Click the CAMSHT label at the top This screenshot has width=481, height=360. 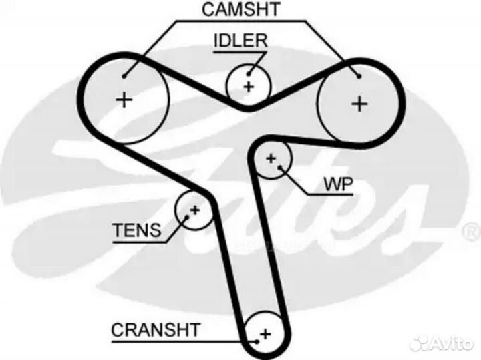coord(241,9)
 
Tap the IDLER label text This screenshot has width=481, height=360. coord(240,40)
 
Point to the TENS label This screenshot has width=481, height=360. coord(136,231)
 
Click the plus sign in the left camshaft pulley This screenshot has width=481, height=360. coord(124,100)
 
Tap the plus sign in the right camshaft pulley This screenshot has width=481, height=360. coord(360,104)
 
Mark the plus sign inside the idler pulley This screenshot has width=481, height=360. coord(249,86)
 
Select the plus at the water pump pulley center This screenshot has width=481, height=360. coord(271,158)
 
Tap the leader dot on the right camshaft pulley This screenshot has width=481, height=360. coord(359,77)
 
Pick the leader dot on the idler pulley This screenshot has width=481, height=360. coord(249,74)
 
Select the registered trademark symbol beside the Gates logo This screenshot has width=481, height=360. coord(471,232)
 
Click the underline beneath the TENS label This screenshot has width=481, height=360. coord(138,242)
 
